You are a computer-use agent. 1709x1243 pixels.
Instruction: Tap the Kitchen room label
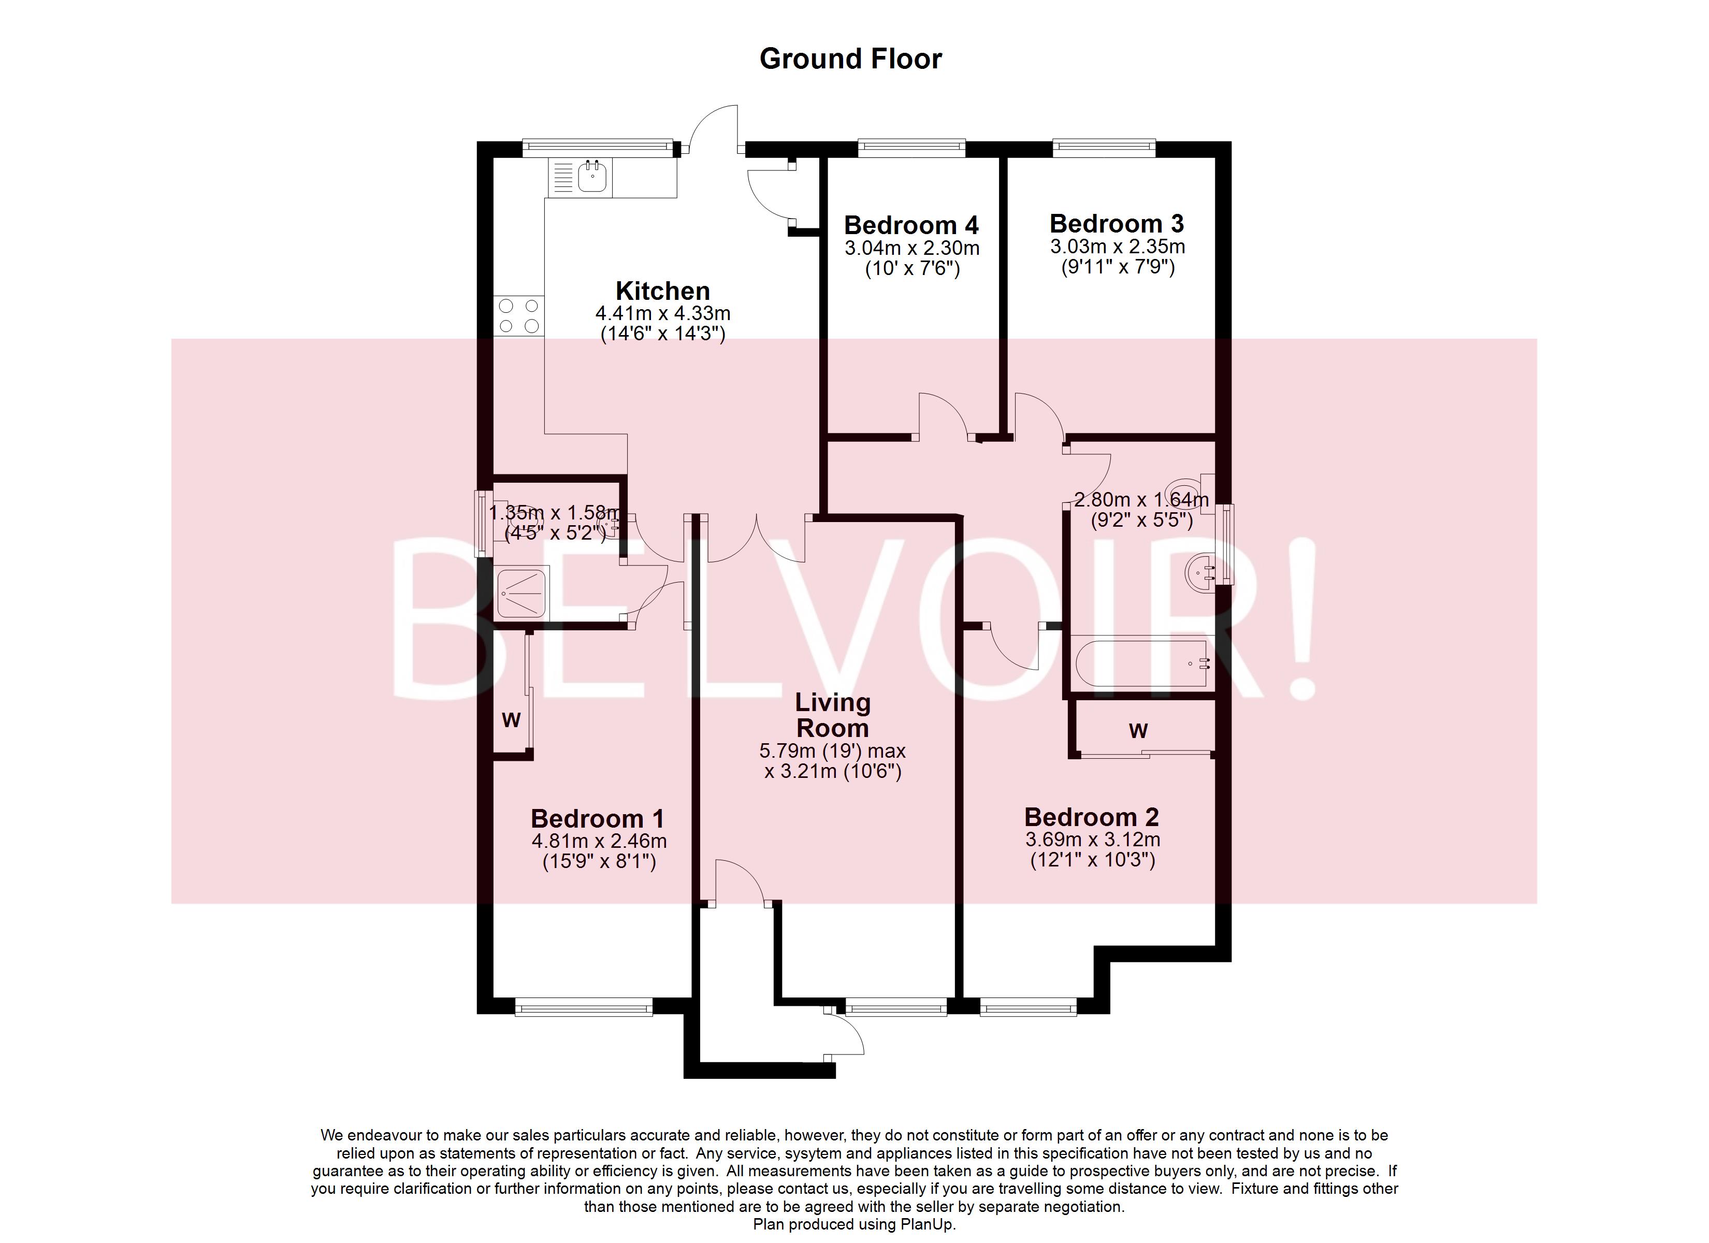pos(662,291)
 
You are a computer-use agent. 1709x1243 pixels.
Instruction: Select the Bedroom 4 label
pos(911,225)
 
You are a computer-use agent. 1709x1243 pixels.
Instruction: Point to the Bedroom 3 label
pos(1117,223)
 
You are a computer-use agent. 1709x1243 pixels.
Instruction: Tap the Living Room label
pos(833,715)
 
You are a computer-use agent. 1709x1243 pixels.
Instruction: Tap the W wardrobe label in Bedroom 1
pos(511,720)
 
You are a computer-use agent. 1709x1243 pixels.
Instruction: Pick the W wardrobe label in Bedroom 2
pos(1138,730)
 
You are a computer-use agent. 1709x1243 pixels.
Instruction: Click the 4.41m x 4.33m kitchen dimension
pos(662,313)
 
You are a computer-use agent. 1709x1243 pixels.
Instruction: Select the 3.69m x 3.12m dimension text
pos(1092,839)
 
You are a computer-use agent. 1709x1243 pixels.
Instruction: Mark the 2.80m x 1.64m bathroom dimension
pos(1141,499)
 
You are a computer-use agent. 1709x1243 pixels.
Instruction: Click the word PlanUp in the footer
pos(928,1224)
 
